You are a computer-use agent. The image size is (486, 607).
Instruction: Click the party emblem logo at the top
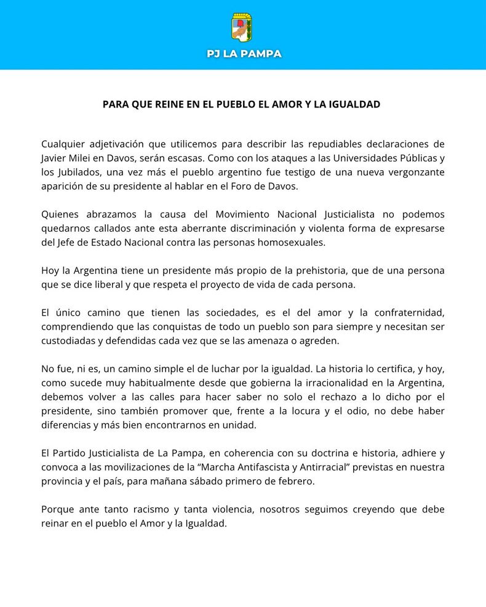tap(242, 27)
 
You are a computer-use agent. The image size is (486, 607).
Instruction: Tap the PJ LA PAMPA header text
tap(244, 54)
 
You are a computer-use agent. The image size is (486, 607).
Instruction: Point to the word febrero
tap(297, 481)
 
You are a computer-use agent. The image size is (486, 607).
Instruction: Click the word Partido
tap(71, 453)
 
